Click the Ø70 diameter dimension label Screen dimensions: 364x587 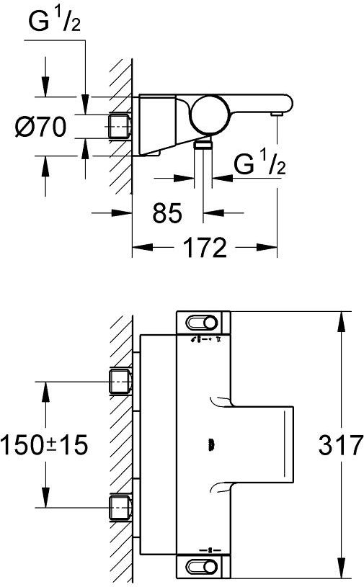click(40, 127)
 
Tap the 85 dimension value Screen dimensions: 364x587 click(167, 213)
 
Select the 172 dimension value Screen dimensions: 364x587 click(206, 247)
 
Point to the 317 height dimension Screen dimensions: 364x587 click(340, 445)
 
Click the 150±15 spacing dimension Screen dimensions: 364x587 click(44, 445)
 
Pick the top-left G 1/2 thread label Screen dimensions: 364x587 click(54, 21)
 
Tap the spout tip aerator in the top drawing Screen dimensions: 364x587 click(277, 113)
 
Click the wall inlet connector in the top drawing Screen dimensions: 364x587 click(120, 127)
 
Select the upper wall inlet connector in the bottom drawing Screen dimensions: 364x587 click(120, 382)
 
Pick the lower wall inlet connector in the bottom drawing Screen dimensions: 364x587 click(120, 508)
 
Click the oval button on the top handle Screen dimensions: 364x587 click(202, 323)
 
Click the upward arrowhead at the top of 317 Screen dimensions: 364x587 click(340, 321)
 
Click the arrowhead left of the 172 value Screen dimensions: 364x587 click(143, 247)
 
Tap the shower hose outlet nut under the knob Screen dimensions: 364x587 click(203, 144)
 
